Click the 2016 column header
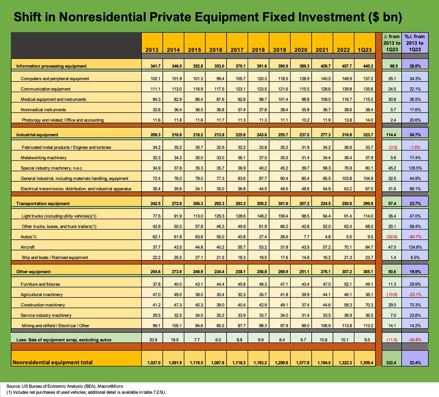(x=216, y=50)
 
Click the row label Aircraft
(x=27, y=247)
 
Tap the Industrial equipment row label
(x=37, y=135)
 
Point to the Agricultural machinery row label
(x=41, y=295)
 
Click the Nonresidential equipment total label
(x=53, y=362)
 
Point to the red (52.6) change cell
(x=391, y=237)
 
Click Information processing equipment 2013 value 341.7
(x=152, y=66)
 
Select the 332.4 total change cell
(x=391, y=362)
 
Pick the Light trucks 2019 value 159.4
(x=280, y=216)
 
